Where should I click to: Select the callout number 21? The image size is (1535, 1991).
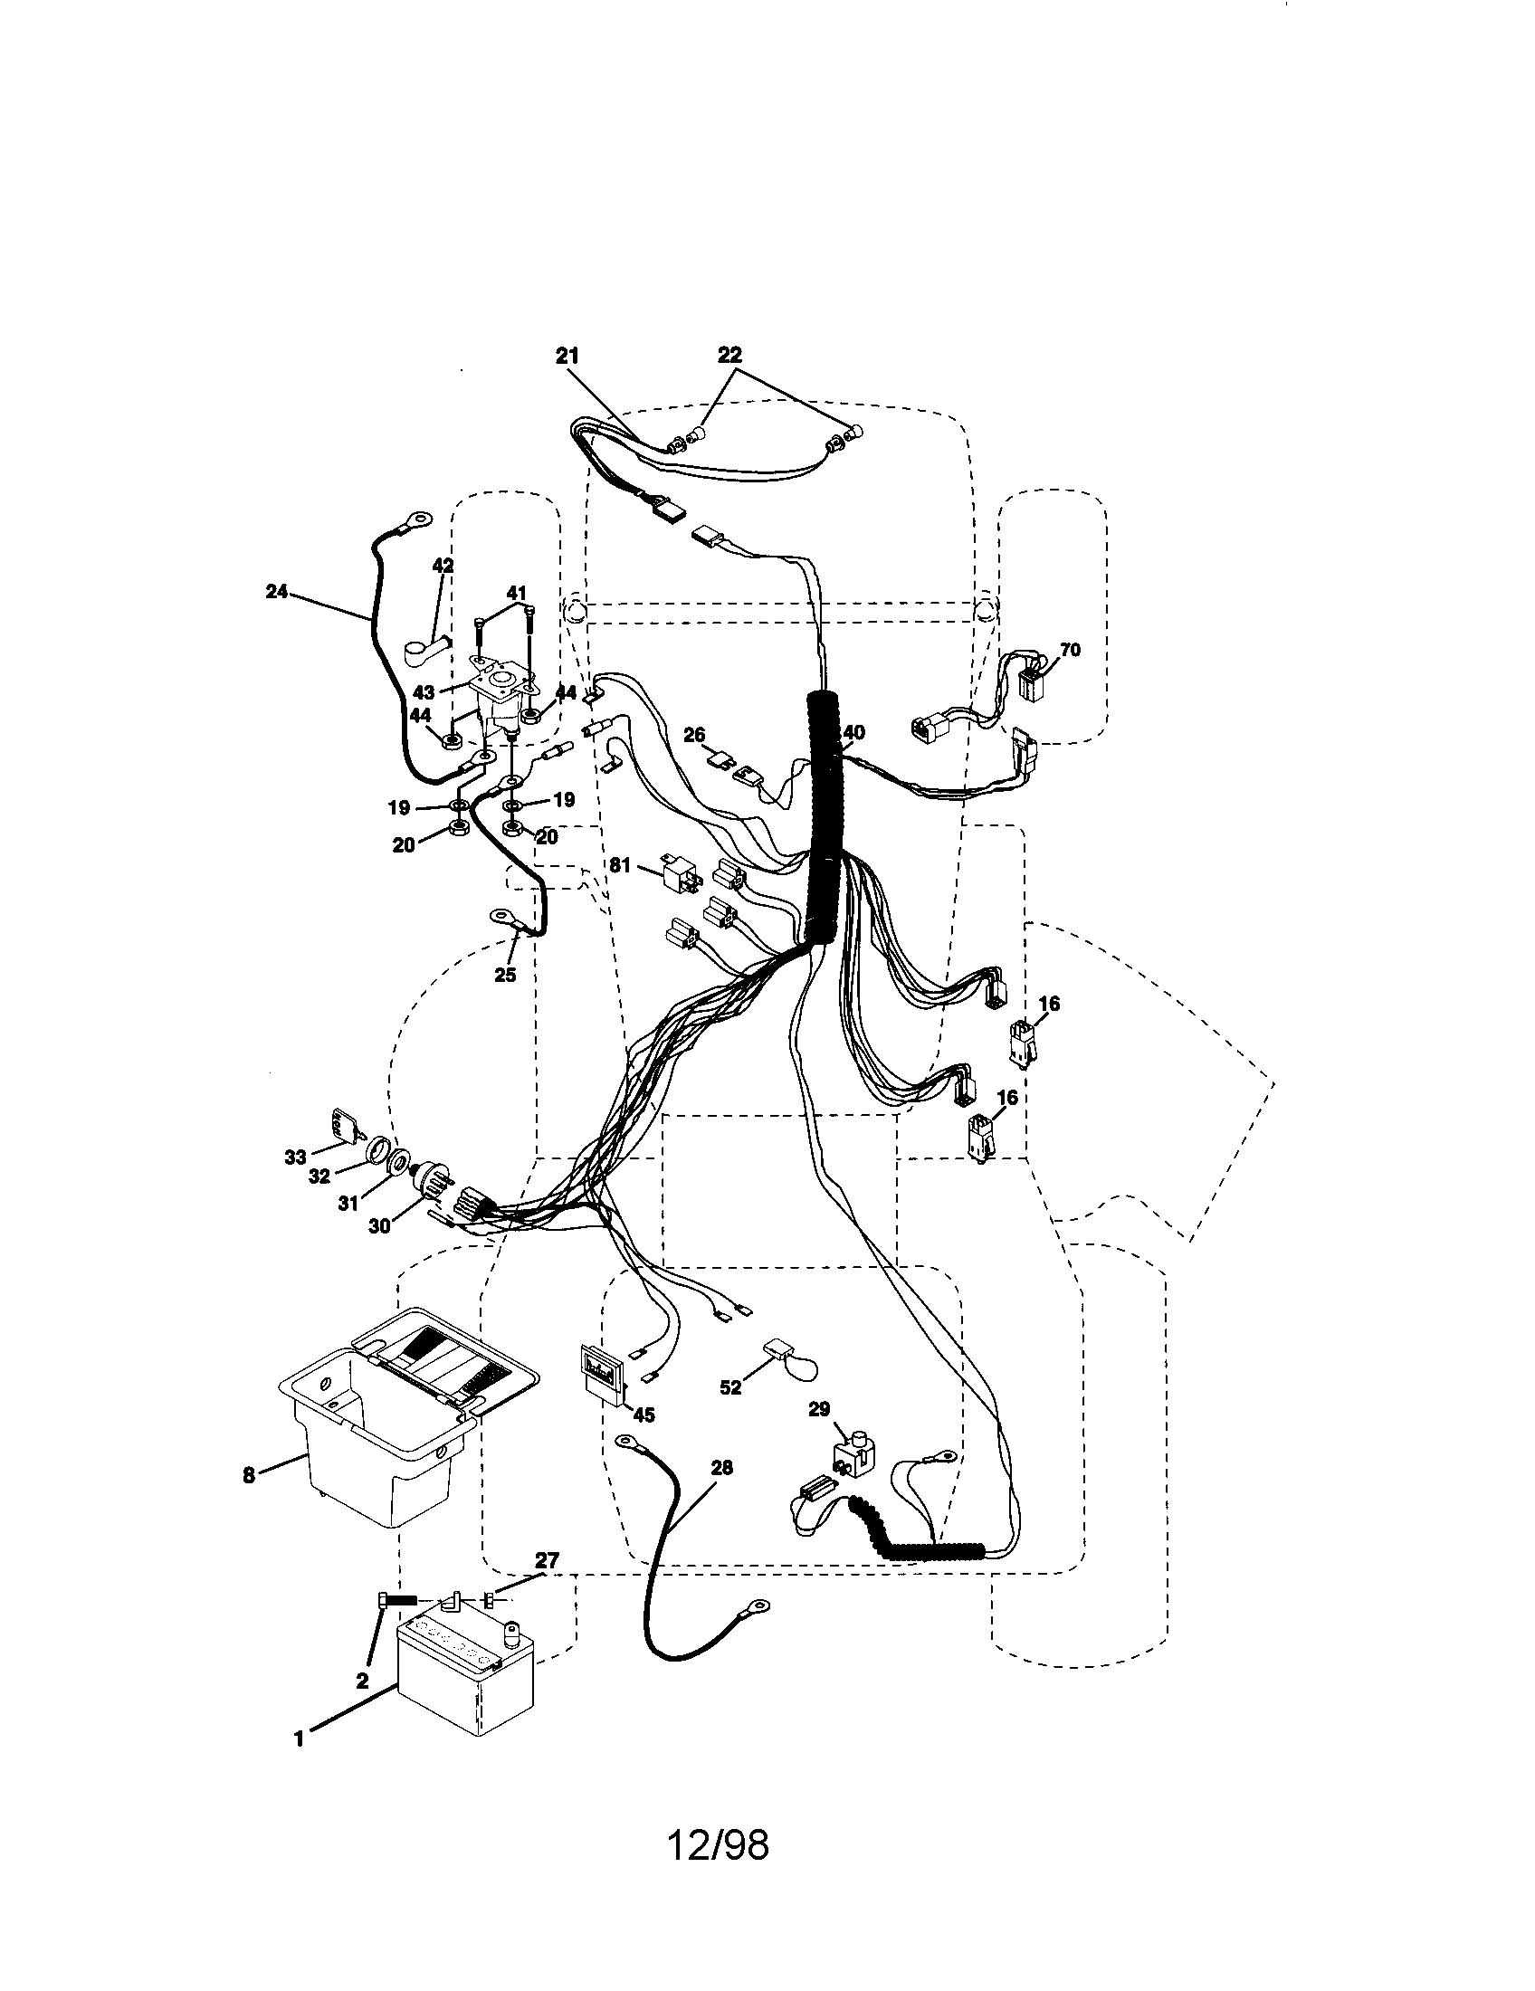click(567, 357)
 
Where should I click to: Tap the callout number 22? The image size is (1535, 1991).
click(729, 355)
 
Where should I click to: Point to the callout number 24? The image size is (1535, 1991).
click(276, 592)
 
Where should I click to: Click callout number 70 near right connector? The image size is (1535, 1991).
click(1069, 650)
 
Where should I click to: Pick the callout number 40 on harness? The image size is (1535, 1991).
click(853, 732)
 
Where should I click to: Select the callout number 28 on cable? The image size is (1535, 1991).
click(721, 1468)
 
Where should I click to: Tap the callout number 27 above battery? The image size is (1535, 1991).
click(547, 1560)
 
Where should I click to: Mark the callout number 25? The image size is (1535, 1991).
click(505, 975)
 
